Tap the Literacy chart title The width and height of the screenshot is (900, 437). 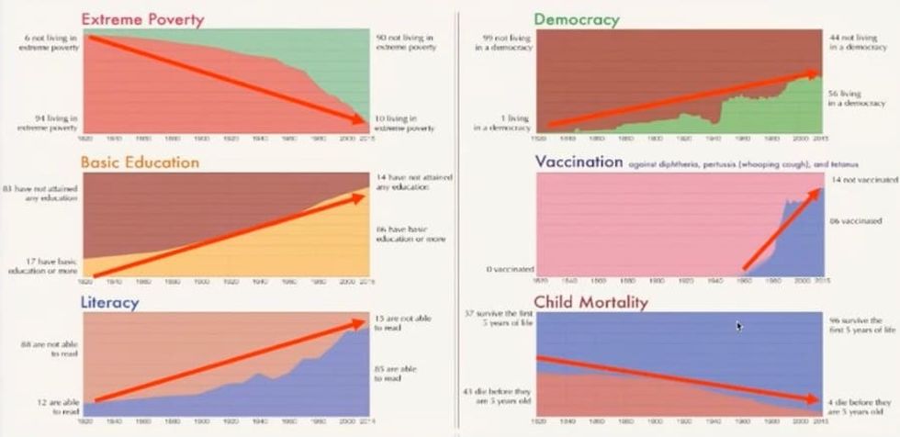[x=110, y=301]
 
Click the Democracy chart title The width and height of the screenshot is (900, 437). [x=577, y=18]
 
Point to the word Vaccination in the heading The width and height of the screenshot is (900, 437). [x=579, y=162]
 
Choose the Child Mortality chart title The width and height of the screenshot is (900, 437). [x=591, y=301]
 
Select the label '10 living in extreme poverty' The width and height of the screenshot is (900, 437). [x=406, y=123]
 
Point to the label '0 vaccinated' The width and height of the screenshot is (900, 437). [x=503, y=269]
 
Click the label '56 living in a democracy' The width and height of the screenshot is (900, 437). [x=859, y=98]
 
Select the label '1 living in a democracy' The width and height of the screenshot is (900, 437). [x=500, y=121]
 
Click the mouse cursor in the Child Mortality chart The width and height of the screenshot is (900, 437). [x=738, y=325]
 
